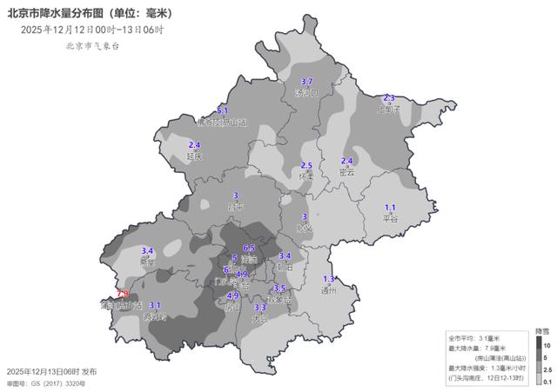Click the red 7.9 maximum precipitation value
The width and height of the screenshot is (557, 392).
click(123, 295)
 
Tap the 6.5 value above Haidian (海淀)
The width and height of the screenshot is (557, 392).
click(248, 249)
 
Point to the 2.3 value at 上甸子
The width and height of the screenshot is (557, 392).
click(389, 98)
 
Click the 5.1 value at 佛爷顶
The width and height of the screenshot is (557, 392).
click(222, 111)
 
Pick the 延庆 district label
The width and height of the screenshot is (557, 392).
click(194, 156)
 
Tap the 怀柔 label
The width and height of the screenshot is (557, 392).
click(305, 176)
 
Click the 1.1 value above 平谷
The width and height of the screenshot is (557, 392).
click(390, 207)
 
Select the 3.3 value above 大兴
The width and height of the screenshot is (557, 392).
click(259, 308)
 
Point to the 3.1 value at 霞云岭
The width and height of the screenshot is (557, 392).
click(156, 305)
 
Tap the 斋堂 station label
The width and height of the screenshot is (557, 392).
click(148, 261)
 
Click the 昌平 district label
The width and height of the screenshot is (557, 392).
click(235, 207)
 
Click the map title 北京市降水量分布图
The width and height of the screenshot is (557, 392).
click(64, 12)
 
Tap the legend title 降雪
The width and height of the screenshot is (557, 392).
click(540, 331)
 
